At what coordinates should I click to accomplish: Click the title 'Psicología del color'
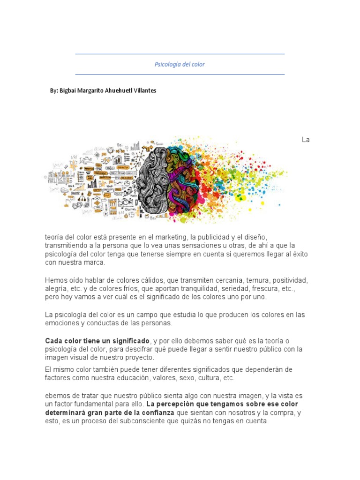coord(180,64)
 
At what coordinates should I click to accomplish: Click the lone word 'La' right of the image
coord(306,140)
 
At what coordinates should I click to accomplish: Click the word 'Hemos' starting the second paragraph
coord(55,280)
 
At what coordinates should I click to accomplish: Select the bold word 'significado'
coord(127,340)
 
